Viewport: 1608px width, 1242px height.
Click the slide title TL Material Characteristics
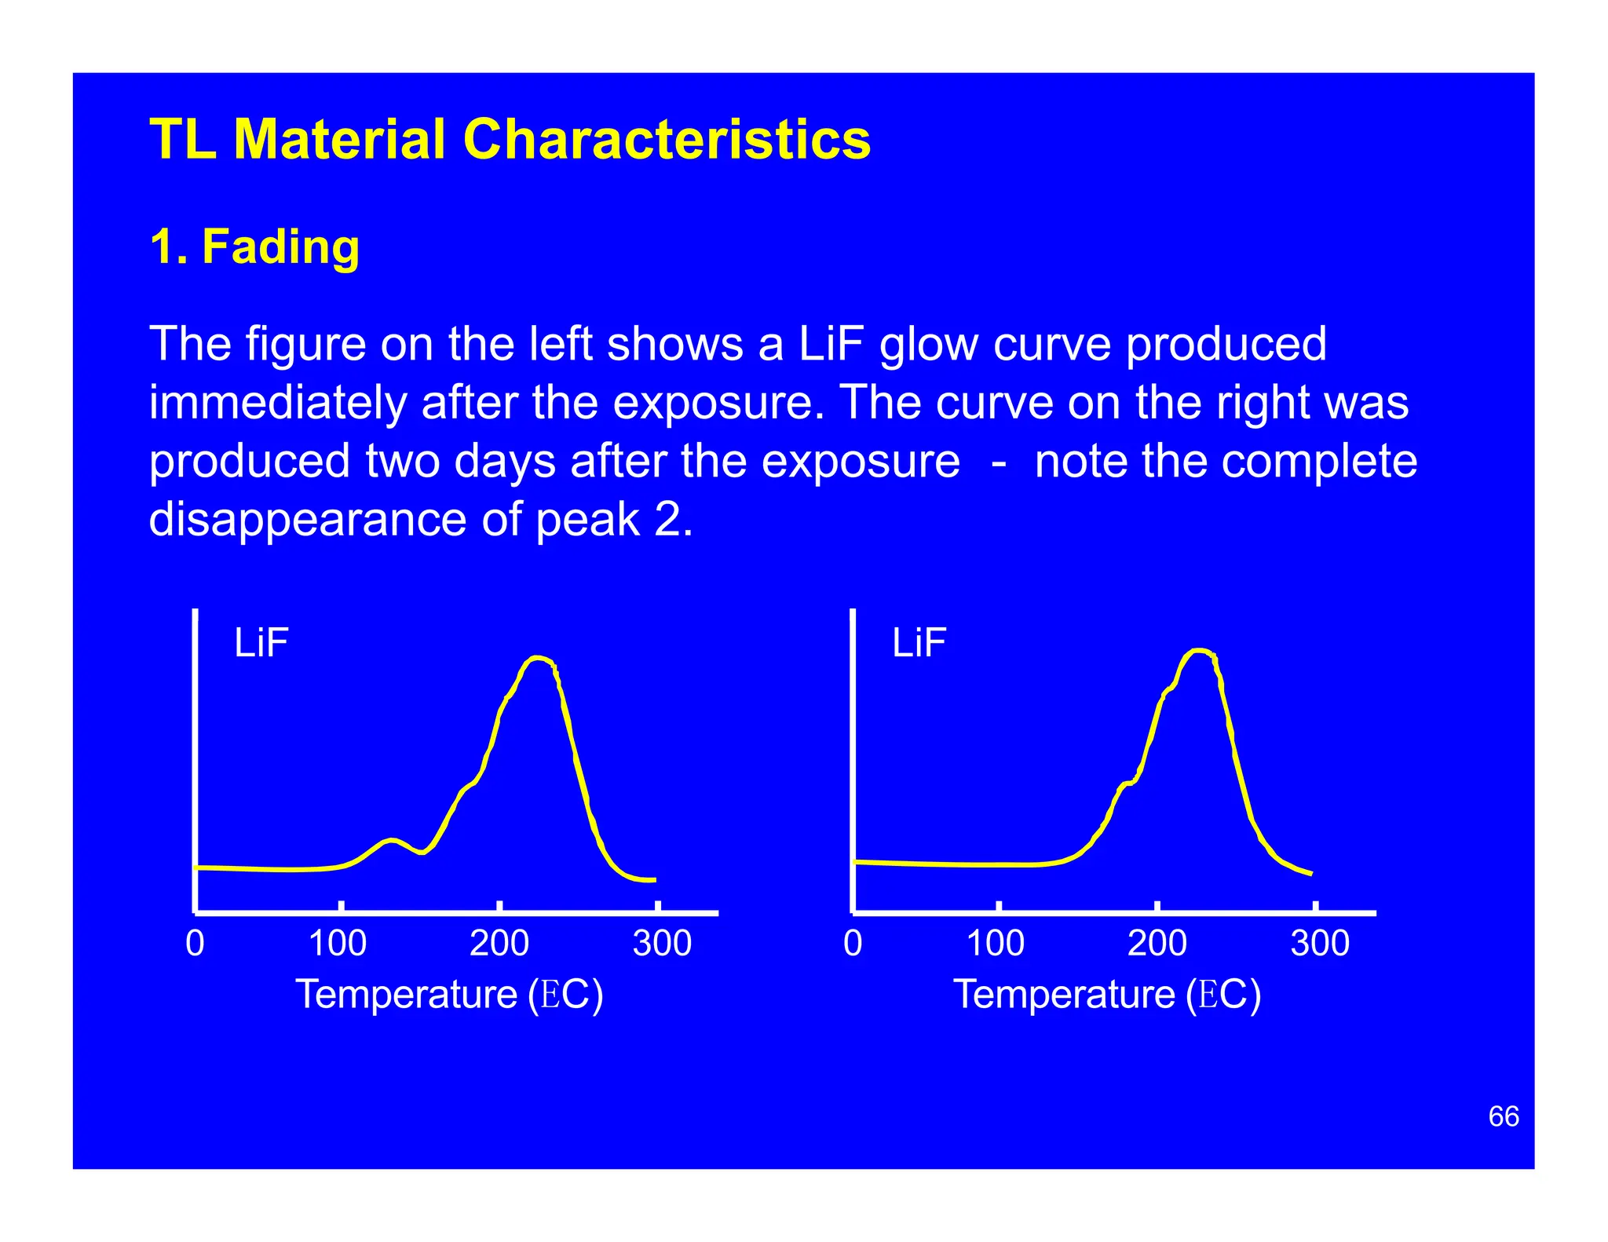(x=510, y=140)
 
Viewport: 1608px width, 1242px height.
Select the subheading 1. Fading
(x=254, y=247)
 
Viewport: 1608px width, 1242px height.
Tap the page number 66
(x=1503, y=1116)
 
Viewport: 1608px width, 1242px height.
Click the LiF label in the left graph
(x=261, y=643)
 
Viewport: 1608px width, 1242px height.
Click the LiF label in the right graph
(x=919, y=643)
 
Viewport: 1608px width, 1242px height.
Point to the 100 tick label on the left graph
(x=338, y=943)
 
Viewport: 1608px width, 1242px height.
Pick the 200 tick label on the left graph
(x=499, y=943)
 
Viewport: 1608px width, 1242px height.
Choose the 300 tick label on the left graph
(x=662, y=943)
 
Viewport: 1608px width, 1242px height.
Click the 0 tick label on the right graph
(x=853, y=943)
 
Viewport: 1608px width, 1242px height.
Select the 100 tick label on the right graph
(x=995, y=943)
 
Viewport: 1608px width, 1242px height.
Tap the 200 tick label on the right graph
(x=1157, y=943)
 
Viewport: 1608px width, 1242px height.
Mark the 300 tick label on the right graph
(x=1320, y=943)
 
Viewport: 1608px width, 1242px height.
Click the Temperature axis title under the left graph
(x=449, y=995)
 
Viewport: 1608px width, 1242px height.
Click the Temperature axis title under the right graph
(x=1107, y=995)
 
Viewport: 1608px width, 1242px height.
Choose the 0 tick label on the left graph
(x=195, y=943)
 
